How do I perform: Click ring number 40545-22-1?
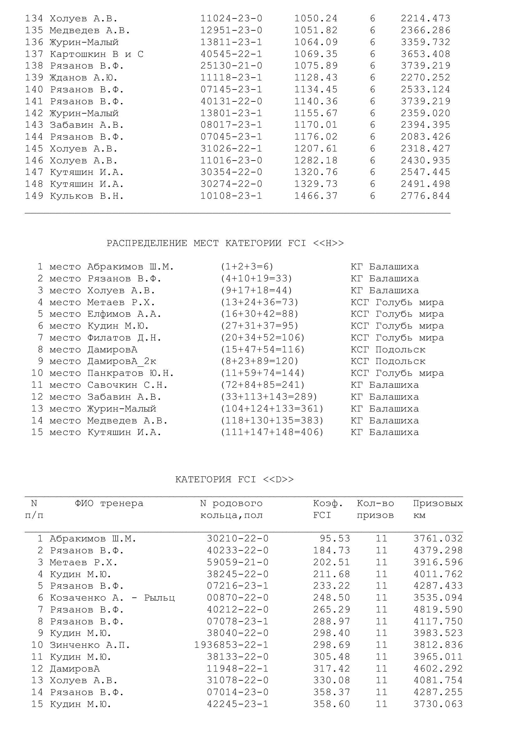coord(231,54)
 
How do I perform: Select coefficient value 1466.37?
coord(315,196)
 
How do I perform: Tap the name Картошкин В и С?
coord(97,54)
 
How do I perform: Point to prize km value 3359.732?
coord(426,42)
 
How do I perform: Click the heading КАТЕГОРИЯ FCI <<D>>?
coord(235,479)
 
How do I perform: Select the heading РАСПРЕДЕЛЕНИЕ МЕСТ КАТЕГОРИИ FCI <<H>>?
coord(225,243)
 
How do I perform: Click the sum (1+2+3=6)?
coord(247,267)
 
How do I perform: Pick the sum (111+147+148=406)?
coord(272,432)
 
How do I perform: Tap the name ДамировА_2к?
coord(122,361)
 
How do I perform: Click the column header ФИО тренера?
coord(109,504)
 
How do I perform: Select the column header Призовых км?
coord(438,509)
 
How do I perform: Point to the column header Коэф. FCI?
coord(328,509)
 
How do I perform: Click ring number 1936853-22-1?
coord(231,645)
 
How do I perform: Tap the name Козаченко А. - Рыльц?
coord(112,598)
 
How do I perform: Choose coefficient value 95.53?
coord(335,539)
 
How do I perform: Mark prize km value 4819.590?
coord(438,610)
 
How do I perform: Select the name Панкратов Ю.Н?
coord(131,373)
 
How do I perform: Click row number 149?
coord(34,196)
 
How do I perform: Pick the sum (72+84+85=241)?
coord(262,385)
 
